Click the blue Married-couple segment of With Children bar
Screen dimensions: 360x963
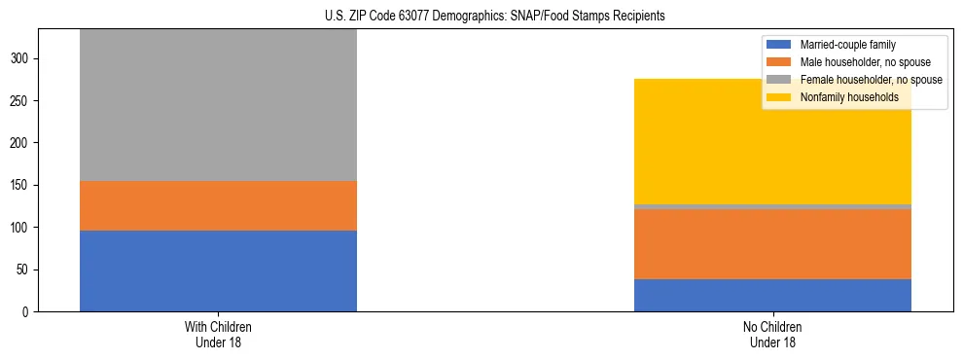click(218, 270)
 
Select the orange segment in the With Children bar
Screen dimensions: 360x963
click(218, 205)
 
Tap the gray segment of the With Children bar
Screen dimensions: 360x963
click(218, 105)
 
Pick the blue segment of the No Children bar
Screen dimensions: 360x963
click(772, 295)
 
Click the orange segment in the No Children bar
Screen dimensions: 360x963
click(772, 244)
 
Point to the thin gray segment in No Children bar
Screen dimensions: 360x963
click(772, 206)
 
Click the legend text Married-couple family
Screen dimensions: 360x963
click(847, 45)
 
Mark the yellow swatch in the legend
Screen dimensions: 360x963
click(779, 97)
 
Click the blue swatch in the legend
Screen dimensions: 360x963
click(779, 45)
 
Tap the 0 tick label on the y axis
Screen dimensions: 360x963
click(27, 311)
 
